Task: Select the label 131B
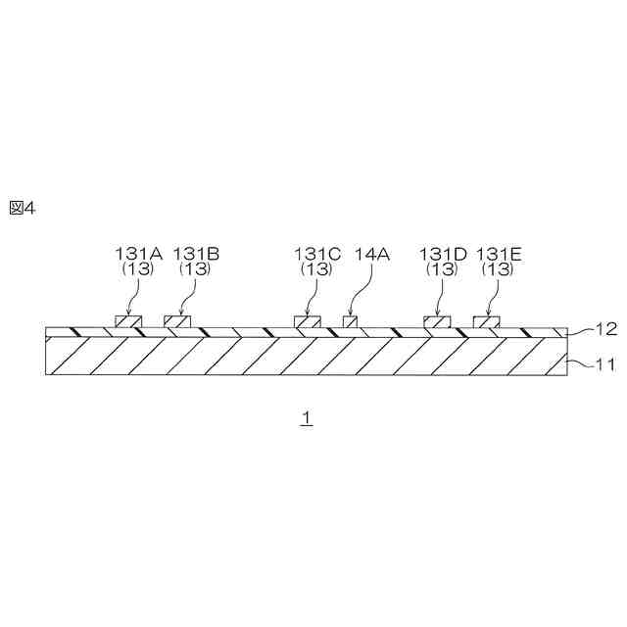pyautogui.click(x=196, y=254)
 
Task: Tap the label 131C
pyautogui.click(x=317, y=254)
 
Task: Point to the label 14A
pyautogui.click(x=372, y=254)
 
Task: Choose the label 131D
pyautogui.click(x=443, y=254)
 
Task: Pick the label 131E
pyautogui.click(x=499, y=254)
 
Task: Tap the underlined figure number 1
pyautogui.click(x=307, y=417)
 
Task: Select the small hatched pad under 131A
pyautogui.click(x=127, y=321)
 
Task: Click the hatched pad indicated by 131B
pyautogui.click(x=176, y=321)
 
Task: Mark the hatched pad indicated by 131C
pyautogui.click(x=308, y=321)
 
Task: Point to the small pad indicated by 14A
pyautogui.click(x=350, y=321)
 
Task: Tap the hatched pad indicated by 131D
pyautogui.click(x=437, y=321)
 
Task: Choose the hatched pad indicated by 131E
pyautogui.click(x=487, y=321)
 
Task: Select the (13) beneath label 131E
pyautogui.click(x=499, y=268)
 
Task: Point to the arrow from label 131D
pyautogui.click(x=440, y=294)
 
